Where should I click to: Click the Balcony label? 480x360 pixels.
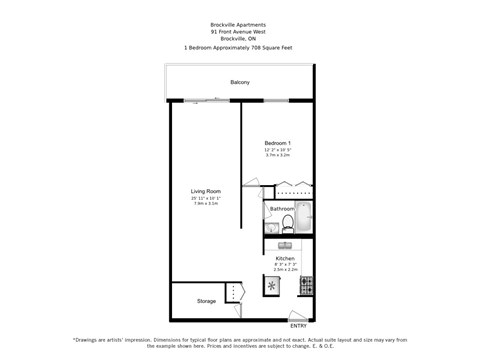(x=240, y=82)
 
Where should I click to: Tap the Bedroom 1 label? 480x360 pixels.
(x=277, y=143)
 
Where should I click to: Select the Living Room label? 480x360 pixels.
(x=206, y=191)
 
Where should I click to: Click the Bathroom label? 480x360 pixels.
(x=281, y=209)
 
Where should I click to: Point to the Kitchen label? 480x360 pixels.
(x=285, y=258)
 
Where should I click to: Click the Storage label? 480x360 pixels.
(x=206, y=301)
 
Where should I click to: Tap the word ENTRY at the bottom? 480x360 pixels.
(x=299, y=326)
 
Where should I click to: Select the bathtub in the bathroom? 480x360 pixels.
(x=304, y=217)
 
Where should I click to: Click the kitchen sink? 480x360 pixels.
(x=285, y=244)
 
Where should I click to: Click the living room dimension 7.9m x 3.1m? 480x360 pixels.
(x=206, y=203)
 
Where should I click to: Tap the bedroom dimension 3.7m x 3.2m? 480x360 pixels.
(x=277, y=155)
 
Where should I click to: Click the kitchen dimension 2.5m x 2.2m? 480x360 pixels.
(x=285, y=270)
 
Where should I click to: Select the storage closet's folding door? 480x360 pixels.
(x=236, y=292)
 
